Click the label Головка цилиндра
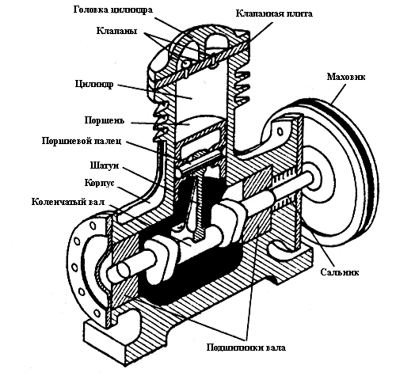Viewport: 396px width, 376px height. (113, 10)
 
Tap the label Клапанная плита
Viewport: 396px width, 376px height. (274, 13)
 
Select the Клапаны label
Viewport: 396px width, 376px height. (116, 31)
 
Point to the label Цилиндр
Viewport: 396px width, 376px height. (94, 84)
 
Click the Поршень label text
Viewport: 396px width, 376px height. (105, 120)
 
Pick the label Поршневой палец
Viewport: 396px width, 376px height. (82, 141)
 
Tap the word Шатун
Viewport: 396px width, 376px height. (105, 165)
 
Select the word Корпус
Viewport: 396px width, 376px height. (99, 183)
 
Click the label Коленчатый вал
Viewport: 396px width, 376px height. (68, 202)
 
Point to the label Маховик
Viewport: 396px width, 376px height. (346, 77)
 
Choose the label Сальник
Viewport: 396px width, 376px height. (340, 272)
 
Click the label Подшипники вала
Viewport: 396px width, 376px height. (246, 348)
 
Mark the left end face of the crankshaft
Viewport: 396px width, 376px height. (124, 271)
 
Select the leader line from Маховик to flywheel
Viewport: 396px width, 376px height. (338, 93)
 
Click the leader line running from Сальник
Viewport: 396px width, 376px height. (320, 249)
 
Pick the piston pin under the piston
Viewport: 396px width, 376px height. (197, 165)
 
